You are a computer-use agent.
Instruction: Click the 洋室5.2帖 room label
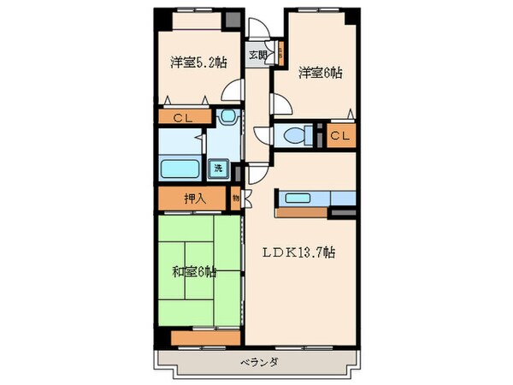point(198,62)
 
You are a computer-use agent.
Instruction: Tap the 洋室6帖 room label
point(320,73)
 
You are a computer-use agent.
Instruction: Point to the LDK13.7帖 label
point(298,253)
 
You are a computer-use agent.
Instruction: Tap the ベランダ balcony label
point(252,363)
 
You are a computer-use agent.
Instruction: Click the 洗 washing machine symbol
point(219,169)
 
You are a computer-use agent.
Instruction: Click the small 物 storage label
point(236,198)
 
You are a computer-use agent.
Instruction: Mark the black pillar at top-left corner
point(158,15)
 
